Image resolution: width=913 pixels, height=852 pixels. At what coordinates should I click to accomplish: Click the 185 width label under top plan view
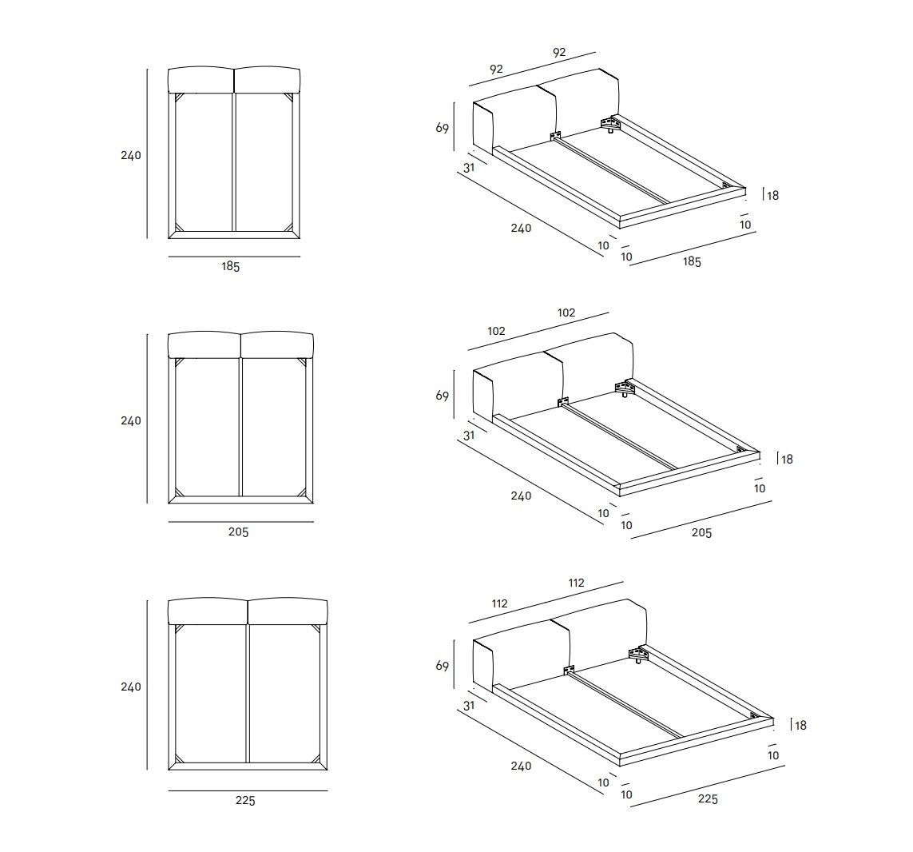(x=230, y=267)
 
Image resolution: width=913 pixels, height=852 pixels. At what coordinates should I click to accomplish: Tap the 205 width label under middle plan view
(x=238, y=532)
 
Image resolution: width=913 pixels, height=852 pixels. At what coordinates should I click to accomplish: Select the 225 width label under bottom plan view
(x=245, y=801)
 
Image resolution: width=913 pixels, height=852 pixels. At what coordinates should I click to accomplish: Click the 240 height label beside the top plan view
(x=130, y=155)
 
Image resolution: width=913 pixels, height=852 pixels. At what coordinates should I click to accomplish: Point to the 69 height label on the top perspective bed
(x=442, y=127)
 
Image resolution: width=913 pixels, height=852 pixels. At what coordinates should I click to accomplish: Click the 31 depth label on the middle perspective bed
(x=469, y=436)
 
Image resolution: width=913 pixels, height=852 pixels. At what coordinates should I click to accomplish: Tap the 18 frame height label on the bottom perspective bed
(x=800, y=725)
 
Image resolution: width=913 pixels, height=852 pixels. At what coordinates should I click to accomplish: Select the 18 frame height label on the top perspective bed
(x=772, y=194)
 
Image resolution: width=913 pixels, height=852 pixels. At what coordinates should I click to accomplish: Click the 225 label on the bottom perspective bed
(x=708, y=799)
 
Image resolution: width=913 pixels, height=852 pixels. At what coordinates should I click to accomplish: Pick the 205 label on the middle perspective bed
(x=701, y=532)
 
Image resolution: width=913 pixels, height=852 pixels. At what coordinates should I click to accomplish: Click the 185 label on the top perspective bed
(x=691, y=261)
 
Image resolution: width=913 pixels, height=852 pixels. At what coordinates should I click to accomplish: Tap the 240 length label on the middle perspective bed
(x=520, y=496)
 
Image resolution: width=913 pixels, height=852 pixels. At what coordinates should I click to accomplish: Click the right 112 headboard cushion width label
(x=576, y=583)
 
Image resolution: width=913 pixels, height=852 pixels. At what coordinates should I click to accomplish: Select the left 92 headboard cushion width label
(x=495, y=69)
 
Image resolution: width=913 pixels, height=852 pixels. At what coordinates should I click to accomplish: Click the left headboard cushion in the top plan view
(x=200, y=80)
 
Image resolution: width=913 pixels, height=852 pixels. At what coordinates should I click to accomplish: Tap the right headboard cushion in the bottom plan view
(x=288, y=611)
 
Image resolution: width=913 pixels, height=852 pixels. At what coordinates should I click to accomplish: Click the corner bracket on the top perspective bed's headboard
(x=612, y=124)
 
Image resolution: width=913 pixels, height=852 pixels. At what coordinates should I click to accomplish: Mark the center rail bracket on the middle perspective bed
(x=562, y=400)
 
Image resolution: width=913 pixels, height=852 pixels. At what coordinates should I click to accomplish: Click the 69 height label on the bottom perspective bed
(x=442, y=665)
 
